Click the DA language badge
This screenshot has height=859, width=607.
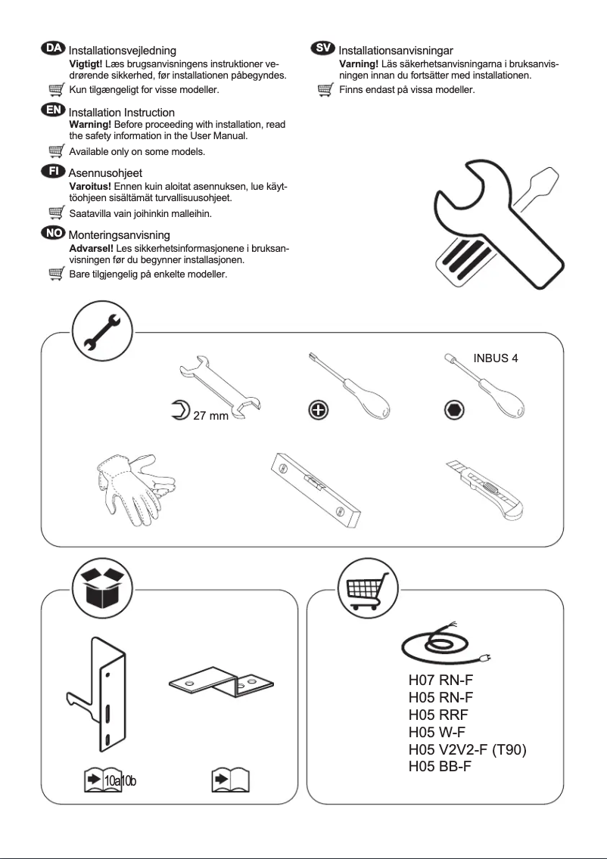53,48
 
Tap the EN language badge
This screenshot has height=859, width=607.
53,110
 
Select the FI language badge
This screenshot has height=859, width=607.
53,172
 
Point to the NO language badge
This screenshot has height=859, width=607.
53,234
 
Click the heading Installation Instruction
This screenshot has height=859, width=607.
121,113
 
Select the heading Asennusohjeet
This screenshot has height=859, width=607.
105,174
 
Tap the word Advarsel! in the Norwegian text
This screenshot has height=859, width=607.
90,248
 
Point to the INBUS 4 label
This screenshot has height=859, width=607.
496,358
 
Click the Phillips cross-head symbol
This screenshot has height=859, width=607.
319,410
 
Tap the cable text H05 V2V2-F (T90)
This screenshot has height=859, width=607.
467,749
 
